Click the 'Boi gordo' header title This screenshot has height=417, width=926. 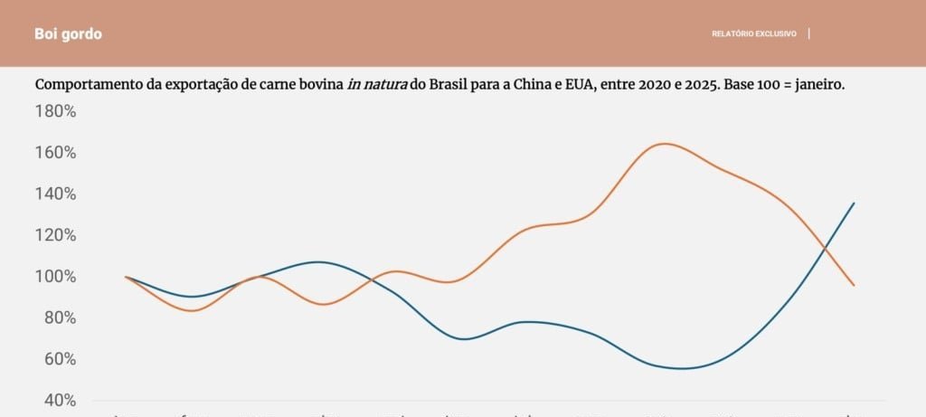click(68, 34)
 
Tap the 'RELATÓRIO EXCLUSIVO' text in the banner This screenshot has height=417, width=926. click(753, 34)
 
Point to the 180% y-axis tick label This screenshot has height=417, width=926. click(55, 111)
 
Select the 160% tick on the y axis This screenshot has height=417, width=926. click(55, 152)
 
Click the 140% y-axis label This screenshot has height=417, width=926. click(55, 194)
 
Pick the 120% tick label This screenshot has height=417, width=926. click(55, 235)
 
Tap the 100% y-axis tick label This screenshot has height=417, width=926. click(55, 277)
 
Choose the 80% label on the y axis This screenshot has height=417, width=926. click(59, 317)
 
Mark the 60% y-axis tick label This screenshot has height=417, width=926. click(59, 359)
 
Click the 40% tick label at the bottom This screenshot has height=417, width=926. click(59, 400)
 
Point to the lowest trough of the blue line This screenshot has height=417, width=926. click(681, 368)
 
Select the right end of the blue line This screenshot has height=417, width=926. click(854, 204)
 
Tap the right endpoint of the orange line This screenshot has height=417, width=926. click(854, 285)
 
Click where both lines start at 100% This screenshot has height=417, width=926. click(126, 277)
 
